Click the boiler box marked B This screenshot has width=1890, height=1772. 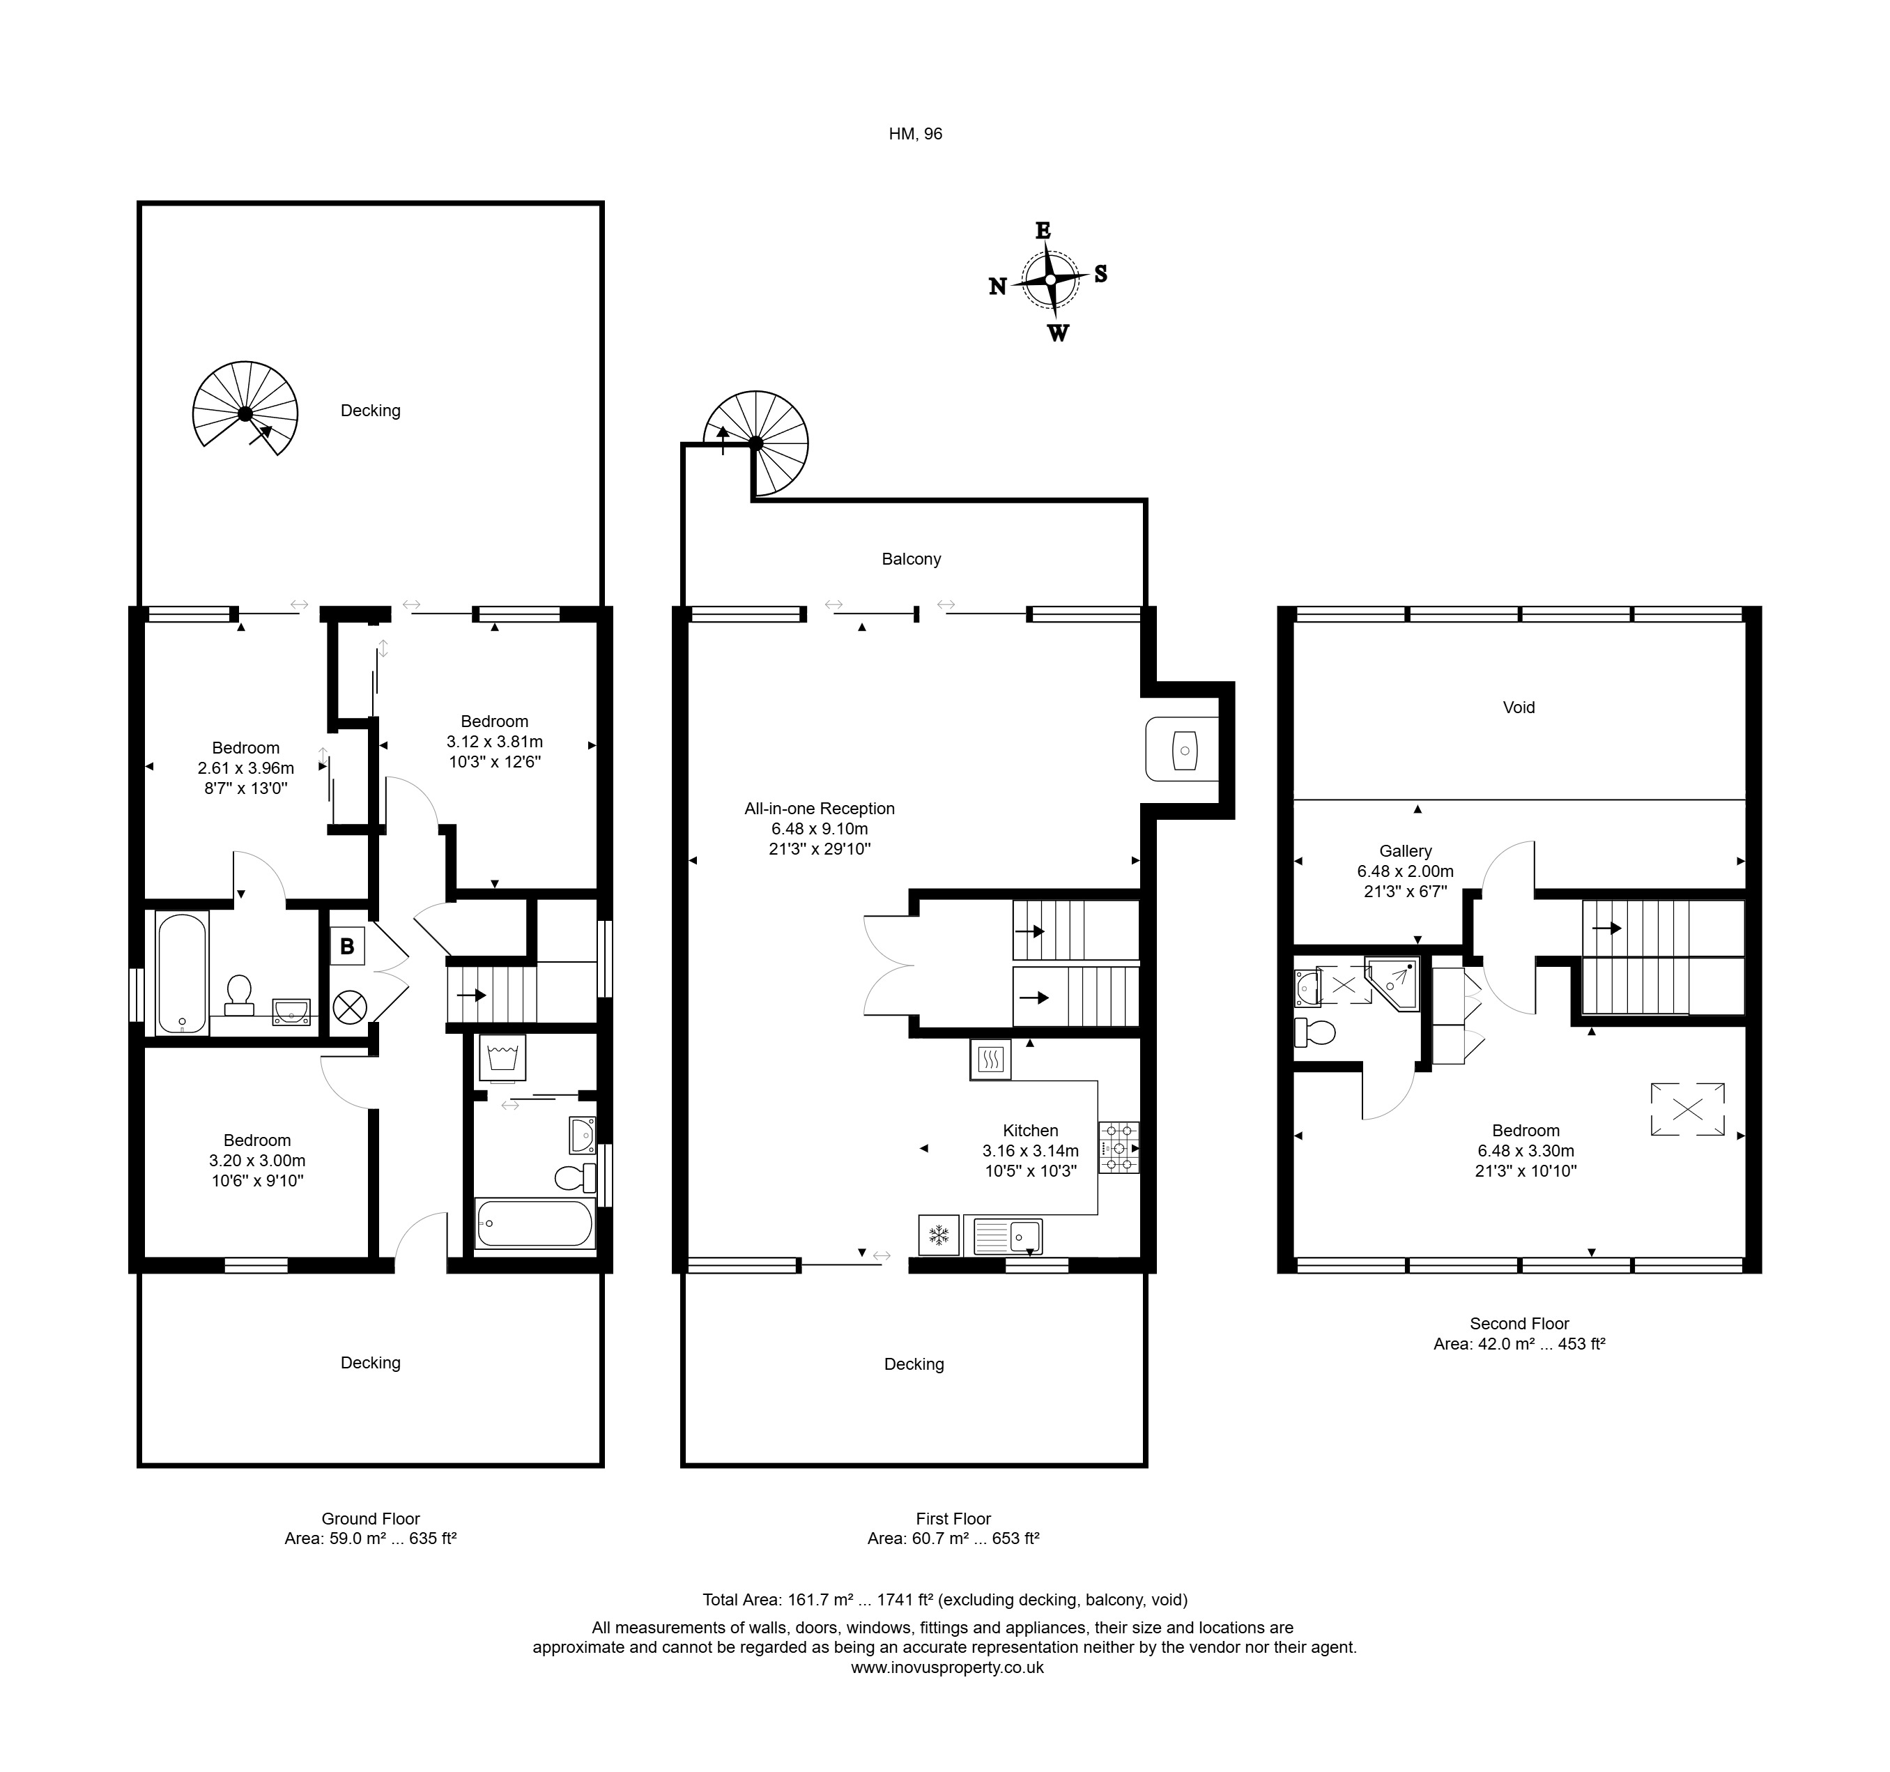(x=347, y=947)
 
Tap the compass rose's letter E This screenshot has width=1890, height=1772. (x=1043, y=230)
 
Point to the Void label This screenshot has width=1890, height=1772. (x=1519, y=707)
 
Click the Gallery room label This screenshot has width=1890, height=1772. (x=1405, y=851)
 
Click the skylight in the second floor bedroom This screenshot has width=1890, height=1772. (x=1687, y=1108)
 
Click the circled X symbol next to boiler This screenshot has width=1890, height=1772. (x=350, y=1007)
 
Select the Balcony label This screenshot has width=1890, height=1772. (x=911, y=559)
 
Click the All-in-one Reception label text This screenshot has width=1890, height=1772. (x=820, y=809)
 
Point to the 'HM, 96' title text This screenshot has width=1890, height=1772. (x=916, y=134)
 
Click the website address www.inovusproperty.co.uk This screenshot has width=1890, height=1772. (x=947, y=1694)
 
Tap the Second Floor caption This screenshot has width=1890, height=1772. (x=1519, y=1323)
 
